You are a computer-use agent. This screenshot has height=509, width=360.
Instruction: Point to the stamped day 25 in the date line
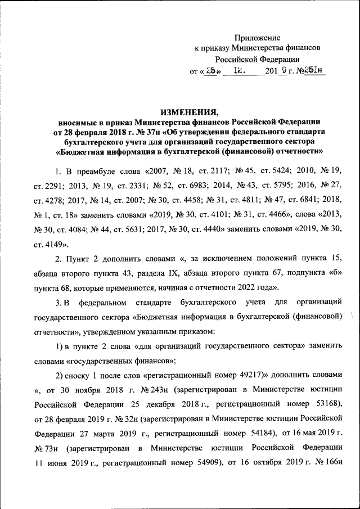tap(210, 71)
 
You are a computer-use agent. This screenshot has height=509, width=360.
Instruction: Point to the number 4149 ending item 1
tap(56, 245)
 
